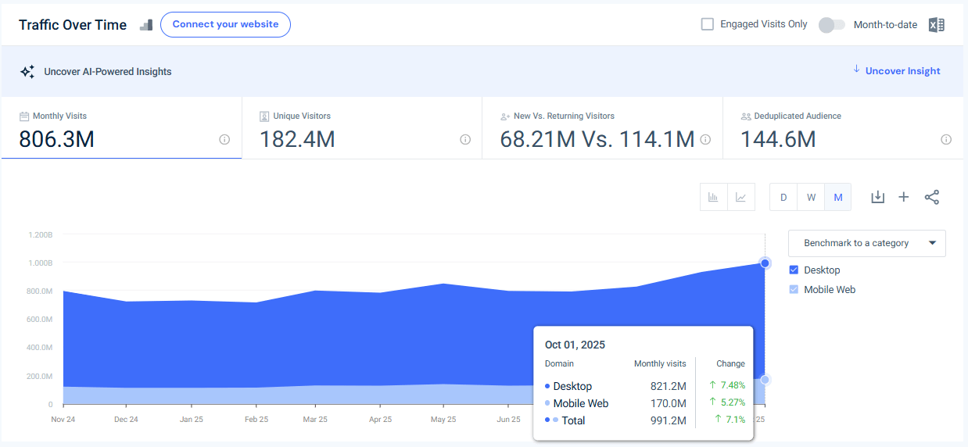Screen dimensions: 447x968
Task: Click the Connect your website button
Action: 225,24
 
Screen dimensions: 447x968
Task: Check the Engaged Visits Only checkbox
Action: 708,24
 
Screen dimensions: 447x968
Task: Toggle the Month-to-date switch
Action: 831,25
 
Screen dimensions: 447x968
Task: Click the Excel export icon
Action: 936,25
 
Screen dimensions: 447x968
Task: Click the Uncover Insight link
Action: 902,71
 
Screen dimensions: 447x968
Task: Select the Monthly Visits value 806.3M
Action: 56,139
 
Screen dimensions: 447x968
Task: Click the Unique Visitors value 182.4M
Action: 297,139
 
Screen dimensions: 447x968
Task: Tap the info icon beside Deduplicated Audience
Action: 946,140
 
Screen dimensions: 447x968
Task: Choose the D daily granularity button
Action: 783,198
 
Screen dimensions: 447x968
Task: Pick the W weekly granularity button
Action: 811,198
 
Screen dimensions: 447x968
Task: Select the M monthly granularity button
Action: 837,198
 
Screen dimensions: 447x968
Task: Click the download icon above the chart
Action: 877,198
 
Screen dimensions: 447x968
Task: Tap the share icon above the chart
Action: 931,198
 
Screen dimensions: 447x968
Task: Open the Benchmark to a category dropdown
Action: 866,243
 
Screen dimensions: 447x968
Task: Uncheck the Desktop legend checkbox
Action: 794,270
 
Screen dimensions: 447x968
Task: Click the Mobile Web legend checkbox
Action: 794,290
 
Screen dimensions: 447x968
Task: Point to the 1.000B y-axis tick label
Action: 39,263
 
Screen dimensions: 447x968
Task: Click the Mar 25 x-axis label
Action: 315,420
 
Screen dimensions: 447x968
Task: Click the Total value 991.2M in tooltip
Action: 668,421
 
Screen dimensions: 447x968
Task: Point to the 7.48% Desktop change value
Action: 731,385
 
